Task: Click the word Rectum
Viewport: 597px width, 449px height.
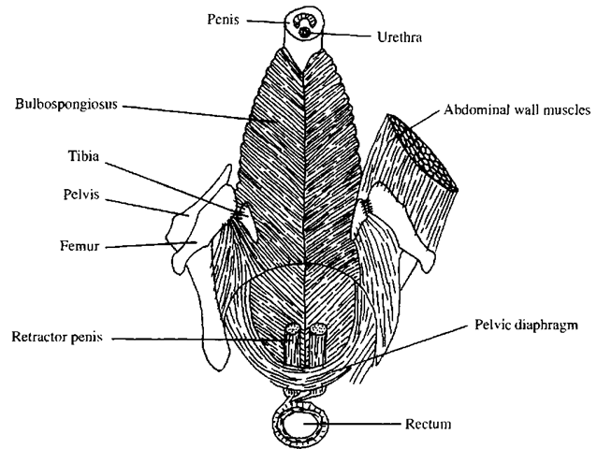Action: tap(430, 424)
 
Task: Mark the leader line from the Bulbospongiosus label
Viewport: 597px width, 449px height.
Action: tap(187, 113)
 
